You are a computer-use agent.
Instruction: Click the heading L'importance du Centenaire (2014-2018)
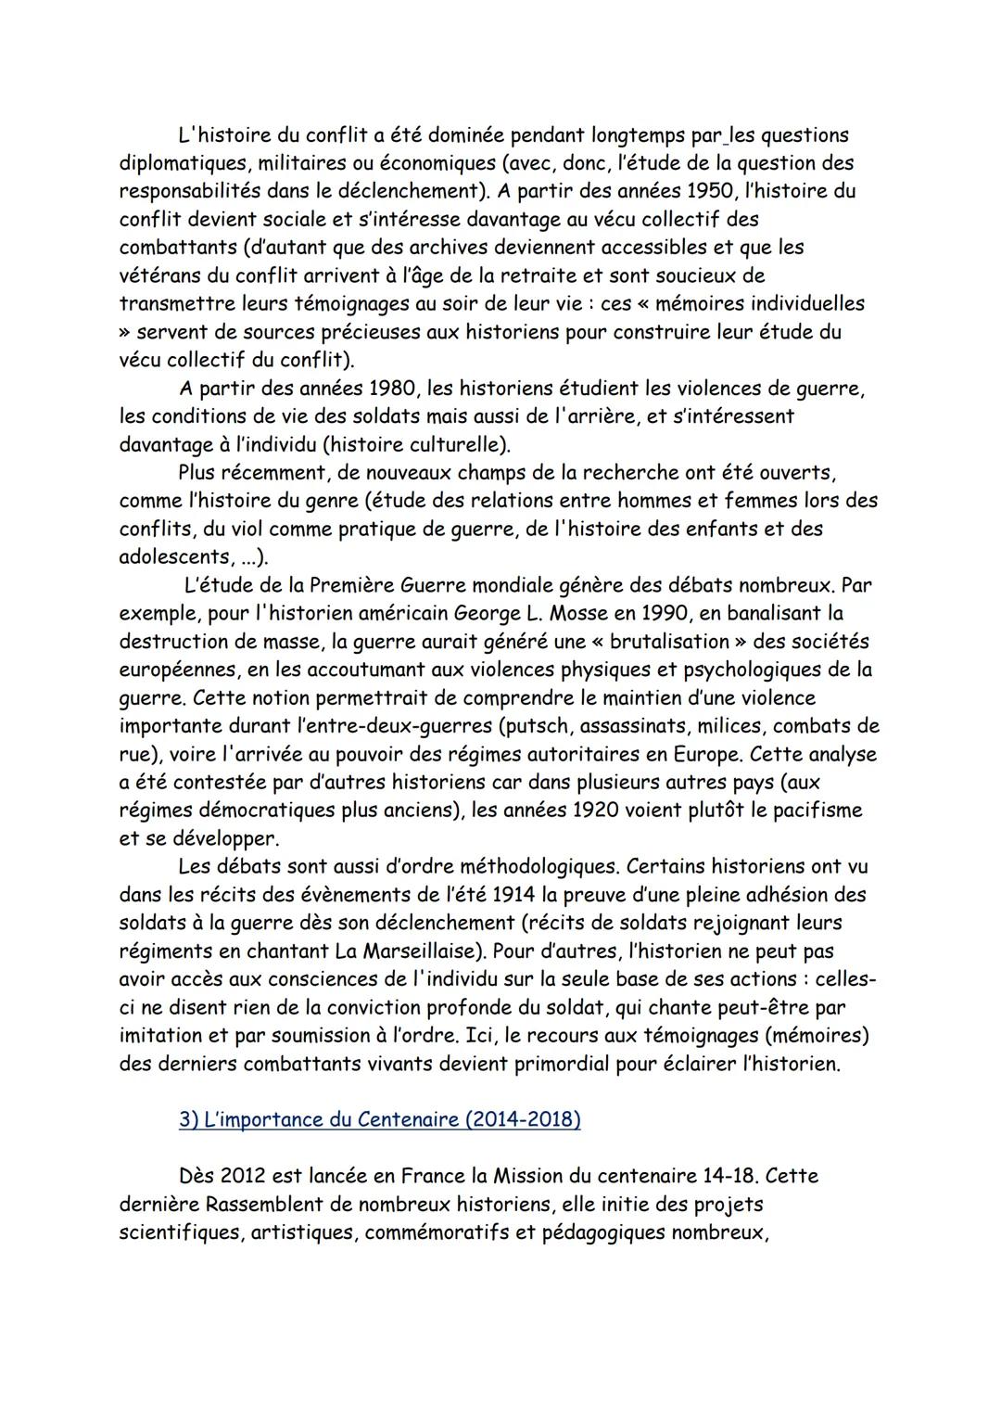point(379,1119)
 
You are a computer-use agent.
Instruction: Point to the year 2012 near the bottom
point(244,1176)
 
